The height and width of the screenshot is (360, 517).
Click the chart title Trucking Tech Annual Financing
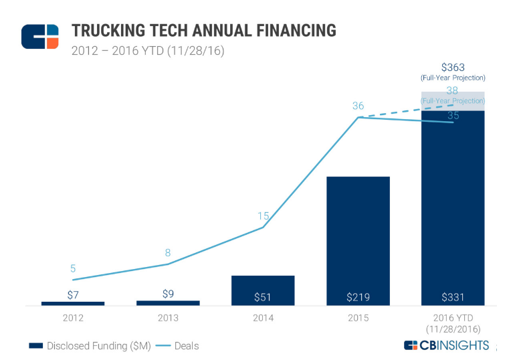203,31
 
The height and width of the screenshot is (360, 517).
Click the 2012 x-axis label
73,318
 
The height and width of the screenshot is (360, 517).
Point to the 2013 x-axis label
168,318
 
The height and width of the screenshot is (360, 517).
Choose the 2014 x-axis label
263,318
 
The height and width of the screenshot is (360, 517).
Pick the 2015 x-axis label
358,318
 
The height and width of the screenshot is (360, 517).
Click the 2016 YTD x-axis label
453,323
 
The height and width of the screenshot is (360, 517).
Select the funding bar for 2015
358,234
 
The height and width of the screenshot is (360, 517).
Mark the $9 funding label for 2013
168,293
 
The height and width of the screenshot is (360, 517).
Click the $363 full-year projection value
453,67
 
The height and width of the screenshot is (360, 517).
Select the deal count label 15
263,215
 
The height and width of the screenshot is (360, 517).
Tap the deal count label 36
358,106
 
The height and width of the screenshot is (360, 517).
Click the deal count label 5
73,268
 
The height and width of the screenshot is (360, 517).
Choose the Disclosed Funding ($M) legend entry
89,346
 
